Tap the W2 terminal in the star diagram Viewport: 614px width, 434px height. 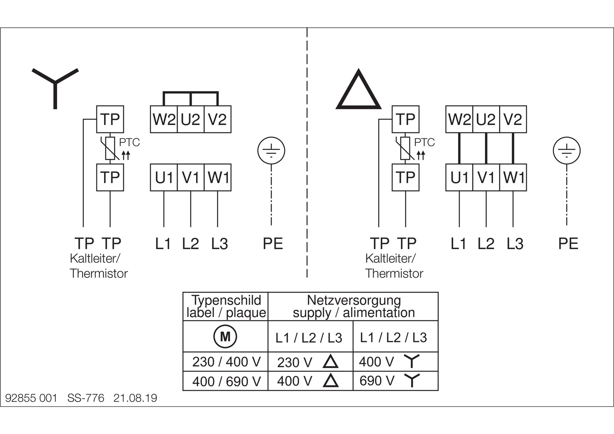164,119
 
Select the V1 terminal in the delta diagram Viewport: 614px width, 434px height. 486,177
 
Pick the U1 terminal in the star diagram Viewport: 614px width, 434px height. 164,177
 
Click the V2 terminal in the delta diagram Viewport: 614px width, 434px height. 513,119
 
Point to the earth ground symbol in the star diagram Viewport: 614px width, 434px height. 271,151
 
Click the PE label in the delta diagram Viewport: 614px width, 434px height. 568,244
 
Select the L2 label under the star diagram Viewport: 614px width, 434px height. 190,244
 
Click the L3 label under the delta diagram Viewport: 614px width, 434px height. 515,244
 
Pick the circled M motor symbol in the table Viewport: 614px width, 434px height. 225,336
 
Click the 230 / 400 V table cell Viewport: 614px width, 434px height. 226,362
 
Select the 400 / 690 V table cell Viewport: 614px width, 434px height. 226,381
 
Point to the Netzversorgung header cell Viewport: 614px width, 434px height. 353,306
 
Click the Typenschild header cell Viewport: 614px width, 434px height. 226,306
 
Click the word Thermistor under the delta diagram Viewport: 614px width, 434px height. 394,274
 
